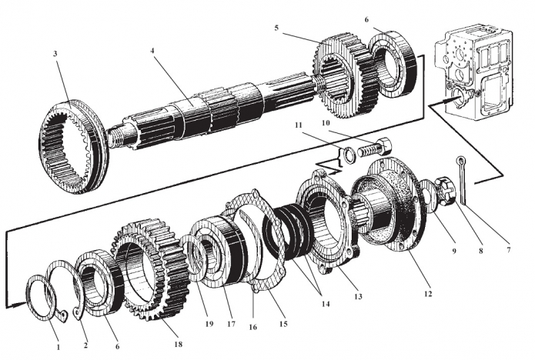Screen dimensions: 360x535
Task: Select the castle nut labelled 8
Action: coord(446,193)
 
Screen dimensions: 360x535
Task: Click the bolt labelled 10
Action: coord(376,147)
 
